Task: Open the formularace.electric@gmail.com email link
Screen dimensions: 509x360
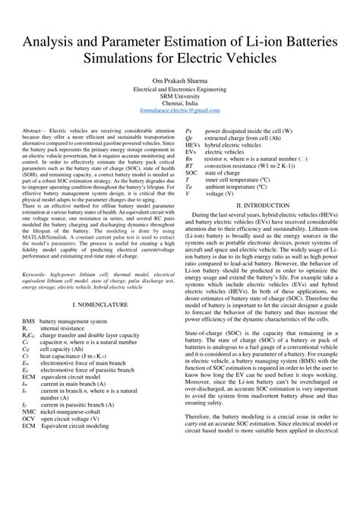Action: tap(180, 112)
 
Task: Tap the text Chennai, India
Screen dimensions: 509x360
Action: tap(180, 103)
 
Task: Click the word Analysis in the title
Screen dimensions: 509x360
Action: tap(55, 41)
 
